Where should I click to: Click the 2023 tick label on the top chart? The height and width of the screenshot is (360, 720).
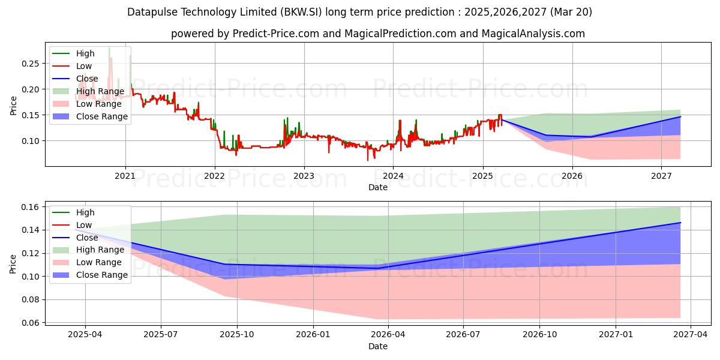(x=304, y=176)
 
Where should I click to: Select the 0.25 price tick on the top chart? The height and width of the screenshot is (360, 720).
(x=30, y=64)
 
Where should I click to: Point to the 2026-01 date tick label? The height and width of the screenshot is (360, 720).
(x=313, y=335)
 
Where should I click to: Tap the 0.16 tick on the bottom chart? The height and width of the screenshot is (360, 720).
(x=30, y=207)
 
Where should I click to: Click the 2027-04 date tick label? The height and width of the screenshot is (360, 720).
(x=691, y=335)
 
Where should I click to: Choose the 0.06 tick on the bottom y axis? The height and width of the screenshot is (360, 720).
(x=30, y=323)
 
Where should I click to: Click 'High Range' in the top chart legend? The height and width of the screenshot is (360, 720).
(x=100, y=91)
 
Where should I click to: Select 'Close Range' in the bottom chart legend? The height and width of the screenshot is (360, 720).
(x=102, y=275)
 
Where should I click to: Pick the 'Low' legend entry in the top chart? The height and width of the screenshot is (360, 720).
(x=84, y=66)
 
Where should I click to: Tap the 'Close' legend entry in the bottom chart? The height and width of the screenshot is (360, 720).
(x=87, y=238)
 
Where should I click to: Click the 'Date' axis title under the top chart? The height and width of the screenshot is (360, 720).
(x=377, y=187)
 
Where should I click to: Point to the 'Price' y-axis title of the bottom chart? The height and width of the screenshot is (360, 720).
(x=13, y=264)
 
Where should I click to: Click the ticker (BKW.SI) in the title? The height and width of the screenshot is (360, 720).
(x=301, y=12)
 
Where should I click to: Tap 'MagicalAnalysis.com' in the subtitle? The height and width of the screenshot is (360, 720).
(x=533, y=34)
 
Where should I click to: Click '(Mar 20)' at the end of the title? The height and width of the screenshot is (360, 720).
(x=571, y=12)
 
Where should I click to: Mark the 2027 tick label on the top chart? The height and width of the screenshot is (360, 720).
(x=661, y=176)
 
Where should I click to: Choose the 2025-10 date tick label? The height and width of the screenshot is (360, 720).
(x=237, y=335)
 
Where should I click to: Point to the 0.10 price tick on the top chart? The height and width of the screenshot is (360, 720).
(x=30, y=141)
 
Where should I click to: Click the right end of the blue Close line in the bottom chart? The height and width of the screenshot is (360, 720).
(x=680, y=223)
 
